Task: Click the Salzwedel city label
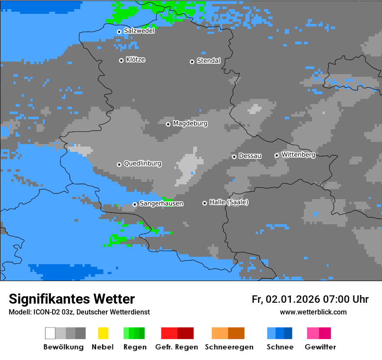click(139, 31)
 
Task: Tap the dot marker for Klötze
click(121, 60)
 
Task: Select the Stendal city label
click(208, 61)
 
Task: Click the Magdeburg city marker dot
click(168, 124)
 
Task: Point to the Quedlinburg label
click(142, 164)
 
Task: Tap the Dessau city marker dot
click(234, 157)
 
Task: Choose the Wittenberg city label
click(298, 154)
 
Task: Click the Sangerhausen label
click(161, 203)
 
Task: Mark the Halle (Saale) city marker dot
click(204, 203)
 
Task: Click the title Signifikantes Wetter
click(72, 299)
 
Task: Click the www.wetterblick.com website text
click(313, 312)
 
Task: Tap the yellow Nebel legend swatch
click(103, 333)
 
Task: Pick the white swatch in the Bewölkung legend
click(50, 333)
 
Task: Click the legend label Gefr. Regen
click(177, 347)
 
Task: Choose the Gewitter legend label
click(320, 347)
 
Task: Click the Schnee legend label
click(280, 347)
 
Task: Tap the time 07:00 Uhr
click(346, 299)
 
